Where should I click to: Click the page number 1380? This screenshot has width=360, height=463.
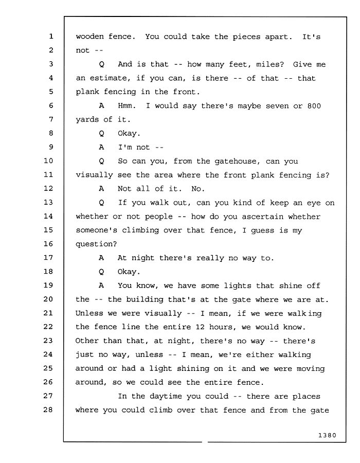327,435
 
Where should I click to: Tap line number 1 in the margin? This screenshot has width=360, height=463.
51,37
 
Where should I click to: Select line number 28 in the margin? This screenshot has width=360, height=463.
48,409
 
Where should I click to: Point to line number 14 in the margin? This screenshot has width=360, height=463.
48,216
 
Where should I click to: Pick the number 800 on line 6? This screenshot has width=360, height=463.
314,106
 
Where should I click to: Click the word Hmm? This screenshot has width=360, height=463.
127,105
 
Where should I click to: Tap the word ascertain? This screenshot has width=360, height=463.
262,217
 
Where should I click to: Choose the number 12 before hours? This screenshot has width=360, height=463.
200,327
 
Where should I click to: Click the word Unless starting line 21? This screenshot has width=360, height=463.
89,313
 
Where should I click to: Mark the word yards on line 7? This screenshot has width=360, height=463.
87,119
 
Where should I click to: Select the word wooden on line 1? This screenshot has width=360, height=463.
89,37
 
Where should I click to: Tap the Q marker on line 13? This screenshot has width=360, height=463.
101,203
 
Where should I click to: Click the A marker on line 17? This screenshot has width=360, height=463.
101,258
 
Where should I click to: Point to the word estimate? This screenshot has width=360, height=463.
110,78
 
